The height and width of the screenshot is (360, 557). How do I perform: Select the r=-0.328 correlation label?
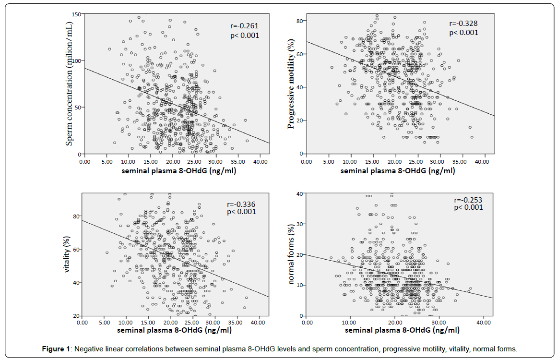(x=463, y=24)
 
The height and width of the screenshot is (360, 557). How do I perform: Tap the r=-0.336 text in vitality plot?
(x=241, y=204)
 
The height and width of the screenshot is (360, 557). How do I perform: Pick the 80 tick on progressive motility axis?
(x=298, y=21)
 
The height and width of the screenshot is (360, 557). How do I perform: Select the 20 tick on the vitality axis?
(x=76, y=316)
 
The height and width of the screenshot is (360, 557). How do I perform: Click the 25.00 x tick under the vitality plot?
(x=192, y=323)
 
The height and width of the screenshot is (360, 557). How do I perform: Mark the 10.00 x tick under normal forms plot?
(x=350, y=323)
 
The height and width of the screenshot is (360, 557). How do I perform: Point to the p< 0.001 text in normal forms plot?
(x=468, y=207)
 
